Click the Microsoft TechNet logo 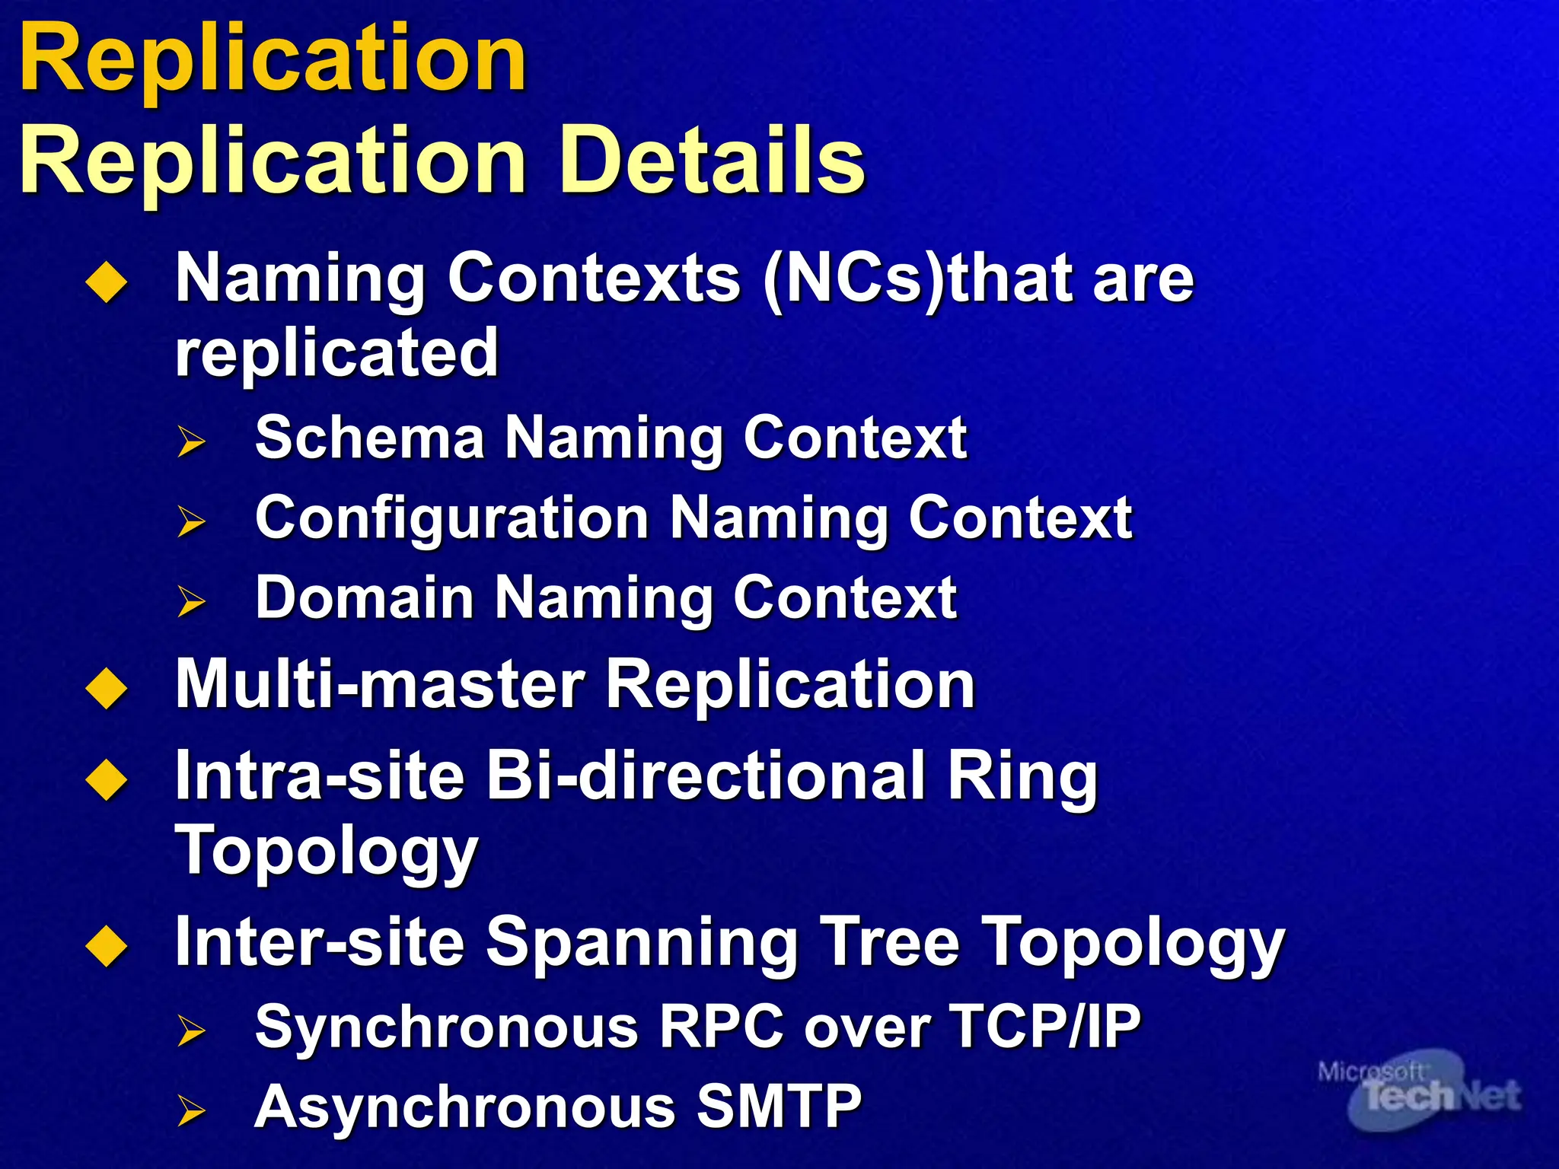tap(1420, 1096)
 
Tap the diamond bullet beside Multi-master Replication tap(107, 688)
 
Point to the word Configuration tap(451, 518)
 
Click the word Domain tap(365, 598)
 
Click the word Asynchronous tap(464, 1107)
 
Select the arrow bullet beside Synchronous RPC tap(191, 1030)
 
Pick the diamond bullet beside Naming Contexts tap(107, 283)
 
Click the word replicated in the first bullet tap(336, 353)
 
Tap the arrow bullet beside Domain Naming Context tap(191, 601)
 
